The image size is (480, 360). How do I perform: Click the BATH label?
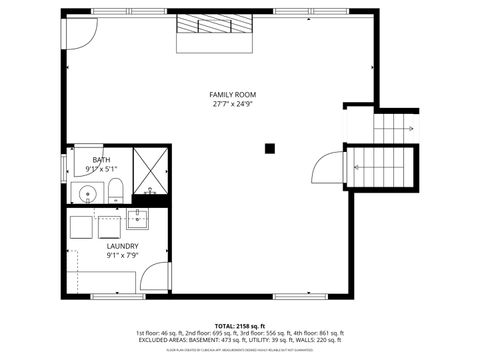click(101, 160)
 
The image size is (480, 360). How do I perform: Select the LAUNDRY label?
click(123, 245)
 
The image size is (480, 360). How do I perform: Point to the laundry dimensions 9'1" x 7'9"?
click(123, 255)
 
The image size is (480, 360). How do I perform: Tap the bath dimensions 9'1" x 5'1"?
click(101, 169)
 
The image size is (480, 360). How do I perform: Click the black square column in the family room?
click(269, 149)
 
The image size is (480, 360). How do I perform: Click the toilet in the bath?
click(116, 190)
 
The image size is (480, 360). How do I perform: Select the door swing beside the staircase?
click(326, 167)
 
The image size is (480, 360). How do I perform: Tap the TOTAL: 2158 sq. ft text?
click(239, 326)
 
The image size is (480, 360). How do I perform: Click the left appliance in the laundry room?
click(84, 224)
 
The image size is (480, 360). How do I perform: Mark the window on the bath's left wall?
click(64, 162)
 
